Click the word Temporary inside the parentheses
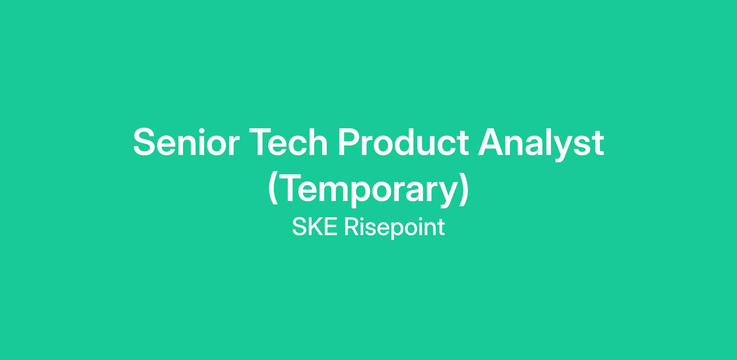click(x=368, y=190)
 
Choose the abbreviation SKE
click(x=315, y=227)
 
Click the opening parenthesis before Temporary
click(x=273, y=189)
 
